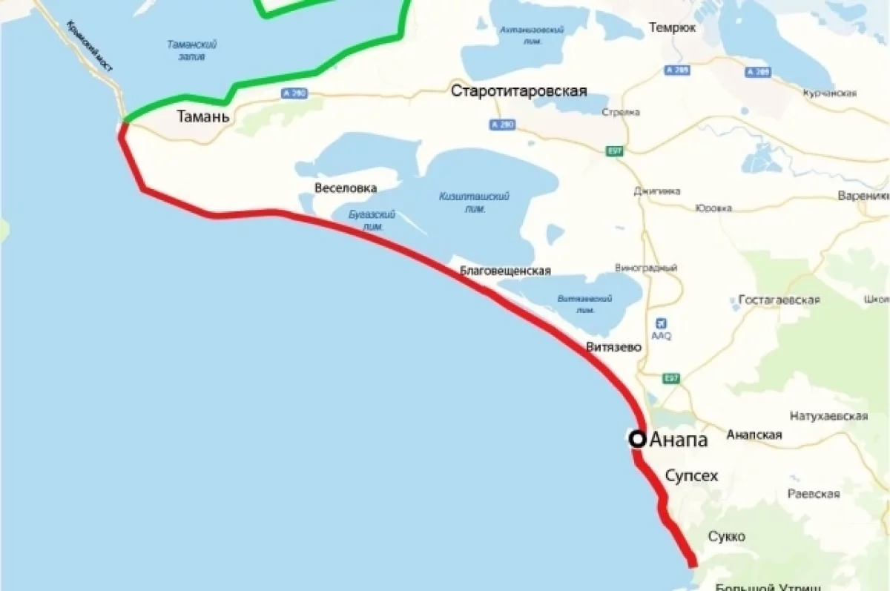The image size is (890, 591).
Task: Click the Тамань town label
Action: tap(202, 117)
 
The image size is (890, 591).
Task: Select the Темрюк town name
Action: tap(672, 28)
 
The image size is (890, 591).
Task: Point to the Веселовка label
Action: tap(346, 188)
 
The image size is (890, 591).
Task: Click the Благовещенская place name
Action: tap(505, 271)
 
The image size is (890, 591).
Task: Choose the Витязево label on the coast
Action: tap(613, 347)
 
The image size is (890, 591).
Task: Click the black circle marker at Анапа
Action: tap(636, 439)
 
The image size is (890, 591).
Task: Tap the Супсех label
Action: tap(691, 475)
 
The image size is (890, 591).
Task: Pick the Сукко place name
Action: tap(726, 536)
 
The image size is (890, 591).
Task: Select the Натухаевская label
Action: tap(828, 416)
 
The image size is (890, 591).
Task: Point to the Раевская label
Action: tap(814, 494)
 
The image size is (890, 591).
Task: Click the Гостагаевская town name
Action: tap(779, 300)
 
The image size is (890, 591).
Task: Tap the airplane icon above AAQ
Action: tap(661, 323)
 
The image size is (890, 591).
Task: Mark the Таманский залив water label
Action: tap(191, 50)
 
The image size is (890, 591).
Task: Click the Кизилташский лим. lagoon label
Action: tap(474, 202)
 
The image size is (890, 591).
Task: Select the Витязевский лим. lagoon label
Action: tap(584, 303)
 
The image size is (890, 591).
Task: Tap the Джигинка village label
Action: tap(657, 191)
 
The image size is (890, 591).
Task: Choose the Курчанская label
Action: tap(829, 93)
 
